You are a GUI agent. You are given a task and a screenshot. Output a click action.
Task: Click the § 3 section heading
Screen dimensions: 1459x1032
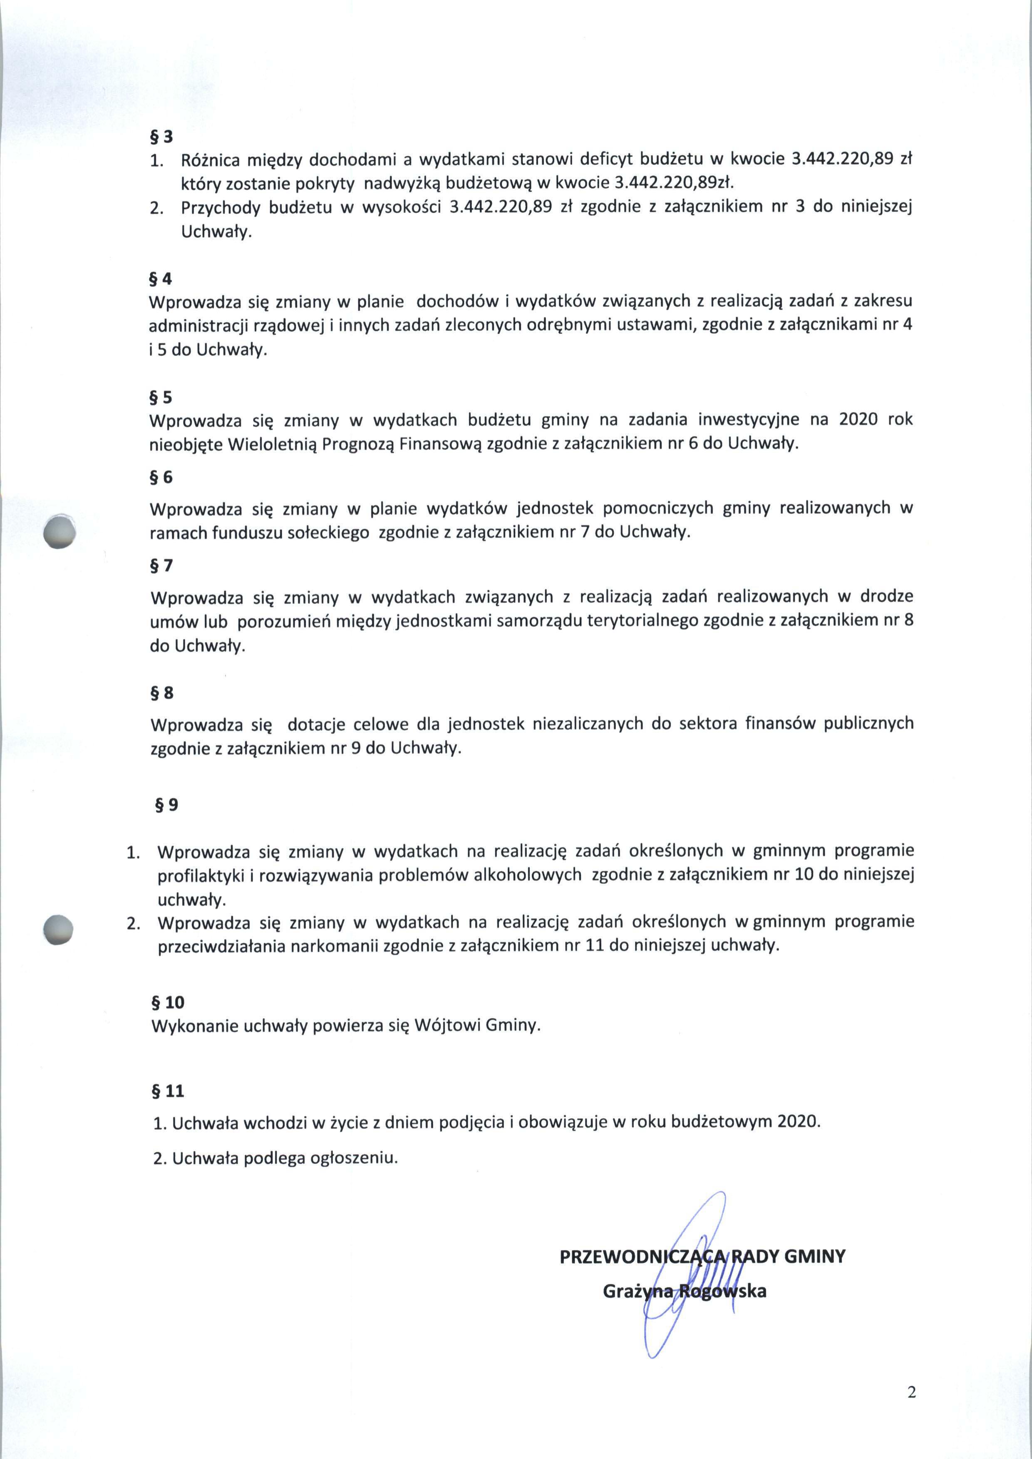click(161, 136)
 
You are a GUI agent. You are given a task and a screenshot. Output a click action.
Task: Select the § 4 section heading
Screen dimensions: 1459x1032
click(161, 279)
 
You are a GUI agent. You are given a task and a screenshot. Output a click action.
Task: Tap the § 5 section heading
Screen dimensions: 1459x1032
click(161, 397)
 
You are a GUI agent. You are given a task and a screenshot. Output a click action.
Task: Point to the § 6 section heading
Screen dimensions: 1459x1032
click(161, 477)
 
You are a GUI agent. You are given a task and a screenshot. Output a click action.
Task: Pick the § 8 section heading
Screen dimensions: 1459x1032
click(162, 692)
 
